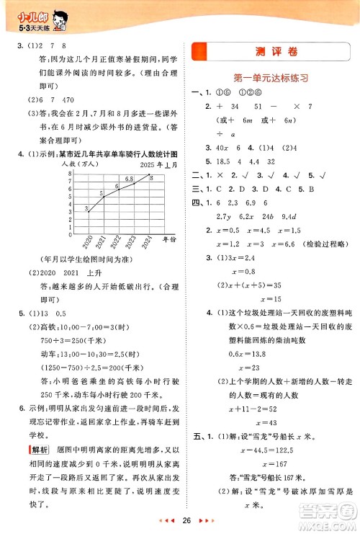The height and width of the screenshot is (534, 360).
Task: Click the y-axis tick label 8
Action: (69, 174)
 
